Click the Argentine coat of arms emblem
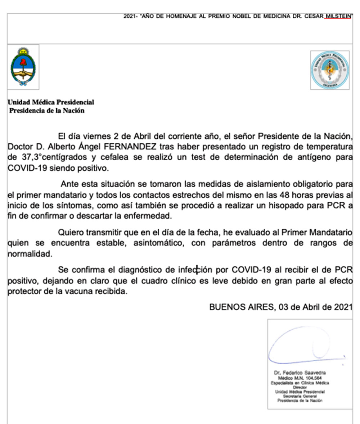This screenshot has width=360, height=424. click(x=23, y=67)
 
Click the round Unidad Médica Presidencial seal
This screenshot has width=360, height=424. click(x=329, y=70)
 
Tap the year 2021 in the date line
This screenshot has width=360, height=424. click(x=343, y=307)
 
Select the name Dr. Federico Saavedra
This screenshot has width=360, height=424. click(x=300, y=373)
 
